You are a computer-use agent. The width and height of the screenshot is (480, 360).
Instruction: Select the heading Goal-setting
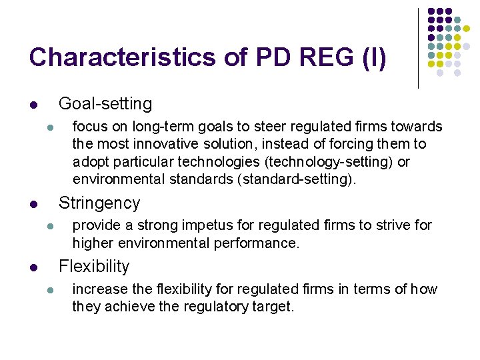click(x=105, y=104)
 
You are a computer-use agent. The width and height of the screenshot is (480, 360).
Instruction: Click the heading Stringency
click(x=99, y=203)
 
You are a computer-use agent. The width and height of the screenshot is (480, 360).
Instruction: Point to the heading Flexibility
click(x=94, y=267)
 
